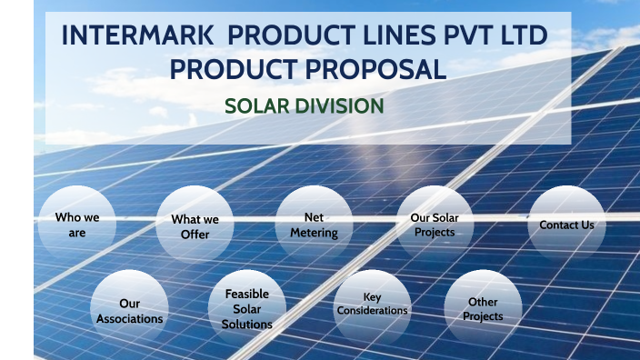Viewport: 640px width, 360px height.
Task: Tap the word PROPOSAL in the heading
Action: tap(381, 68)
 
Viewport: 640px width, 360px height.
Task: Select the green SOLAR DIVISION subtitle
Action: tap(305, 106)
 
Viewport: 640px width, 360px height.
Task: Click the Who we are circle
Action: tap(76, 225)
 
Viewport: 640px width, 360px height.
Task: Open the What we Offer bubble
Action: tap(195, 226)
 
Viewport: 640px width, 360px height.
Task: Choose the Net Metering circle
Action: tap(314, 225)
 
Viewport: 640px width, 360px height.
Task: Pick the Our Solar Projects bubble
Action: tap(435, 225)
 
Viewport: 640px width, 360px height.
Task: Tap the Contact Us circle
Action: tap(566, 225)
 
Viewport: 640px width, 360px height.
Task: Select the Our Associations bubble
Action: tap(130, 311)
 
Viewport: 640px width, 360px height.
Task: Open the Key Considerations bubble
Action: tap(372, 305)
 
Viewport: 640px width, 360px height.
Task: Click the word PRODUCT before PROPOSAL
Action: tap(238, 68)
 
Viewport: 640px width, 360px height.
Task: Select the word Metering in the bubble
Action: tap(314, 233)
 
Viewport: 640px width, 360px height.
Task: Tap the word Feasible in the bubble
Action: tap(247, 295)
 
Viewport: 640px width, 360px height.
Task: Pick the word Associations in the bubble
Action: tap(130, 319)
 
